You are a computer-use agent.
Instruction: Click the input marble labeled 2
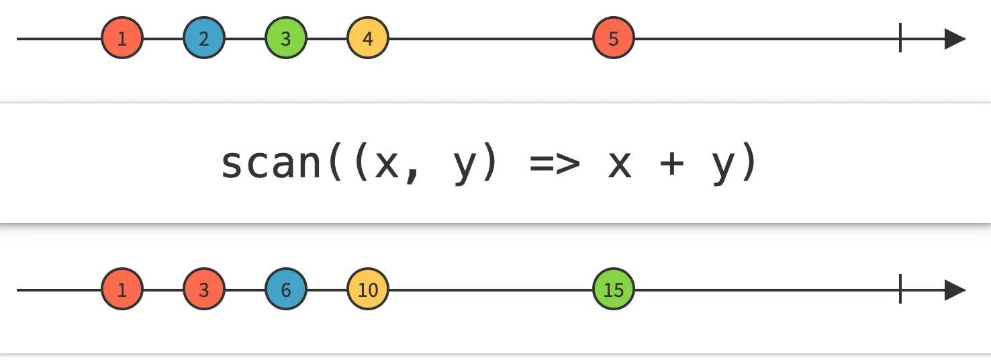[x=203, y=39]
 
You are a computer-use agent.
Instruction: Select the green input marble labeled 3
[x=286, y=39]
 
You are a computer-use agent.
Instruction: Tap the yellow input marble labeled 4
[x=368, y=39]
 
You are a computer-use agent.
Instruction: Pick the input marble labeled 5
[x=614, y=39]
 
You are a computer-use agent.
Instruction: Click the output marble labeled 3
[x=203, y=290]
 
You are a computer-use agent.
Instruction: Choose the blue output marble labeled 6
[x=286, y=290]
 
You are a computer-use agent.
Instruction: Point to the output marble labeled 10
[x=368, y=290]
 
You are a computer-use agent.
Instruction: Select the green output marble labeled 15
[x=614, y=290]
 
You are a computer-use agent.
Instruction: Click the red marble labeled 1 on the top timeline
[x=122, y=39]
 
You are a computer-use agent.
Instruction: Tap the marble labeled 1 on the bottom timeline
[x=122, y=290]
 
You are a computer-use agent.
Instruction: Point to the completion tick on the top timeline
[x=900, y=39]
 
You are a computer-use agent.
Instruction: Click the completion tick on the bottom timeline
[x=900, y=290]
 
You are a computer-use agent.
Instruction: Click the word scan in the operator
[x=272, y=164]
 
